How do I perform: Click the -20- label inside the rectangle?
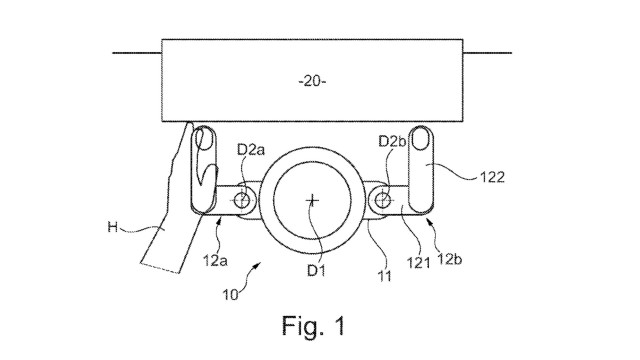(x=312, y=82)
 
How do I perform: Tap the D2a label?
(x=251, y=150)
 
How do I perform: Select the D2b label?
(x=392, y=141)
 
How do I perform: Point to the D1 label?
(x=316, y=270)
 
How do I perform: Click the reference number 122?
(x=492, y=177)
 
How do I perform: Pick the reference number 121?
(x=418, y=263)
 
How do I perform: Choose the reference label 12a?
(x=215, y=260)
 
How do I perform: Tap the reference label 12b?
(x=449, y=259)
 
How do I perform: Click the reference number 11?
(x=384, y=276)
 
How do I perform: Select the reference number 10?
(x=230, y=295)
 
